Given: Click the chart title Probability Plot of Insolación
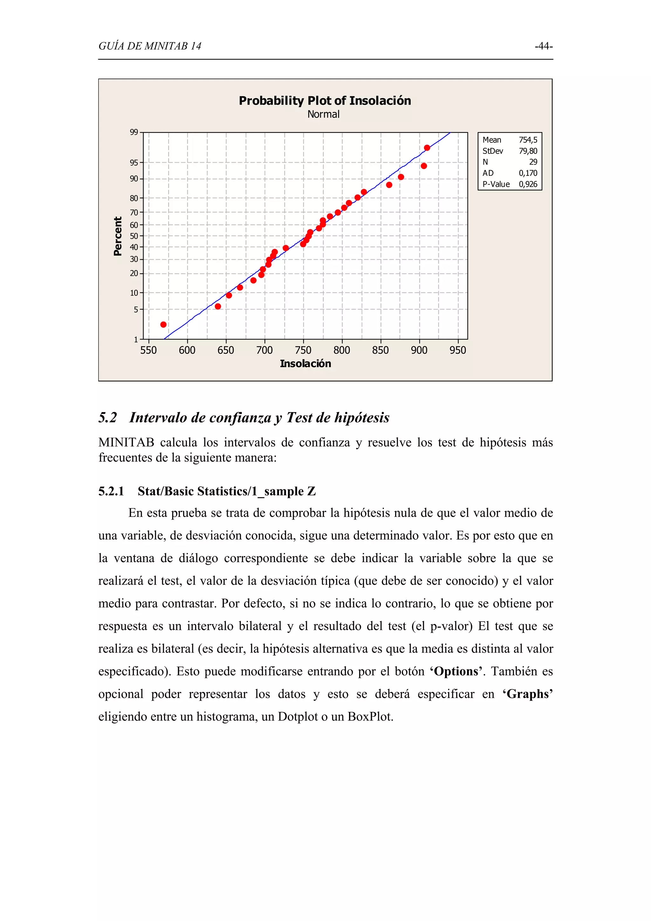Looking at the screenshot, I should click(x=325, y=101).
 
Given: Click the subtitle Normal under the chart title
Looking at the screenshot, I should click(x=323, y=114).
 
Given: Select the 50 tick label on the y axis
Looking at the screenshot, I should click(x=134, y=236).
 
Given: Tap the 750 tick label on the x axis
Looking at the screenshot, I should click(x=303, y=351).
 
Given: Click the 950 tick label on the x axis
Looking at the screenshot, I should click(x=458, y=351).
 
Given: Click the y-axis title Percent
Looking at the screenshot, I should click(x=118, y=236).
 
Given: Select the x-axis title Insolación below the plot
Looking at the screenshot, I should click(x=305, y=364).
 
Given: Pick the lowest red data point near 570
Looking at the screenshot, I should click(x=163, y=324).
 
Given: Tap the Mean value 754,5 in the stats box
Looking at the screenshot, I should click(x=528, y=140).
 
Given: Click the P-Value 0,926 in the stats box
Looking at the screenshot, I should click(x=528, y=184).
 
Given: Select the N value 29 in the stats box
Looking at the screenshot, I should click(x=533, y=162).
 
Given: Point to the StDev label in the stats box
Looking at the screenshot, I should click(x=493, y=151).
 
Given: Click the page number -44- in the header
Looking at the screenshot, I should click(x=544, y=46).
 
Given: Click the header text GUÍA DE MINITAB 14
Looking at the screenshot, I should click(x=150, y=46).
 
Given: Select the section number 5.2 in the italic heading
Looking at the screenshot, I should click(x=107, y=418).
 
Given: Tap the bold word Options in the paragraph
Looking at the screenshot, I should click(x=456, y=672).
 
